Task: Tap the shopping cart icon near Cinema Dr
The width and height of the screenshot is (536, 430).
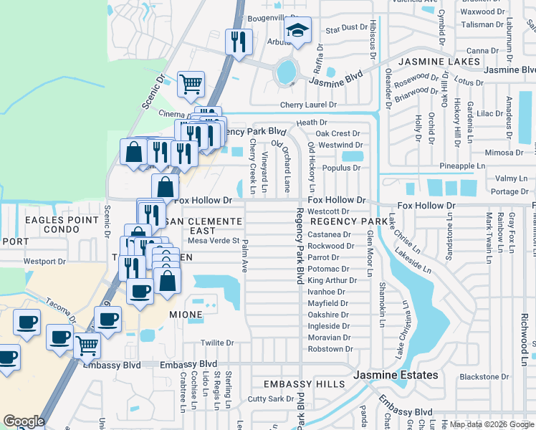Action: tap(191, 84)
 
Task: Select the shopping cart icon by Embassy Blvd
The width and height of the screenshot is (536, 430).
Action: tap(87, 345)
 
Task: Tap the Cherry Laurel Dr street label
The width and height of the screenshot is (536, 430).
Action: tap(308, 105)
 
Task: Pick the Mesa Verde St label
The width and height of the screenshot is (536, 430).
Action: tap(214, 241)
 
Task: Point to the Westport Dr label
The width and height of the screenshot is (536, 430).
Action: tap(44, 261)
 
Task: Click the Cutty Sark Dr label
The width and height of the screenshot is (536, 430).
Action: tap(267, 398)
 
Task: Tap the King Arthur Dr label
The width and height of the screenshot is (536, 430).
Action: tap(331, 280)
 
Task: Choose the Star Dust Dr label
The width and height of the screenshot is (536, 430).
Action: tap(345, 28)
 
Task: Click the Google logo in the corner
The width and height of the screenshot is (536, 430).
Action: tap(24, 421)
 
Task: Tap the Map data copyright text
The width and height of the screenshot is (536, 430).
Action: tap(491, 424)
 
